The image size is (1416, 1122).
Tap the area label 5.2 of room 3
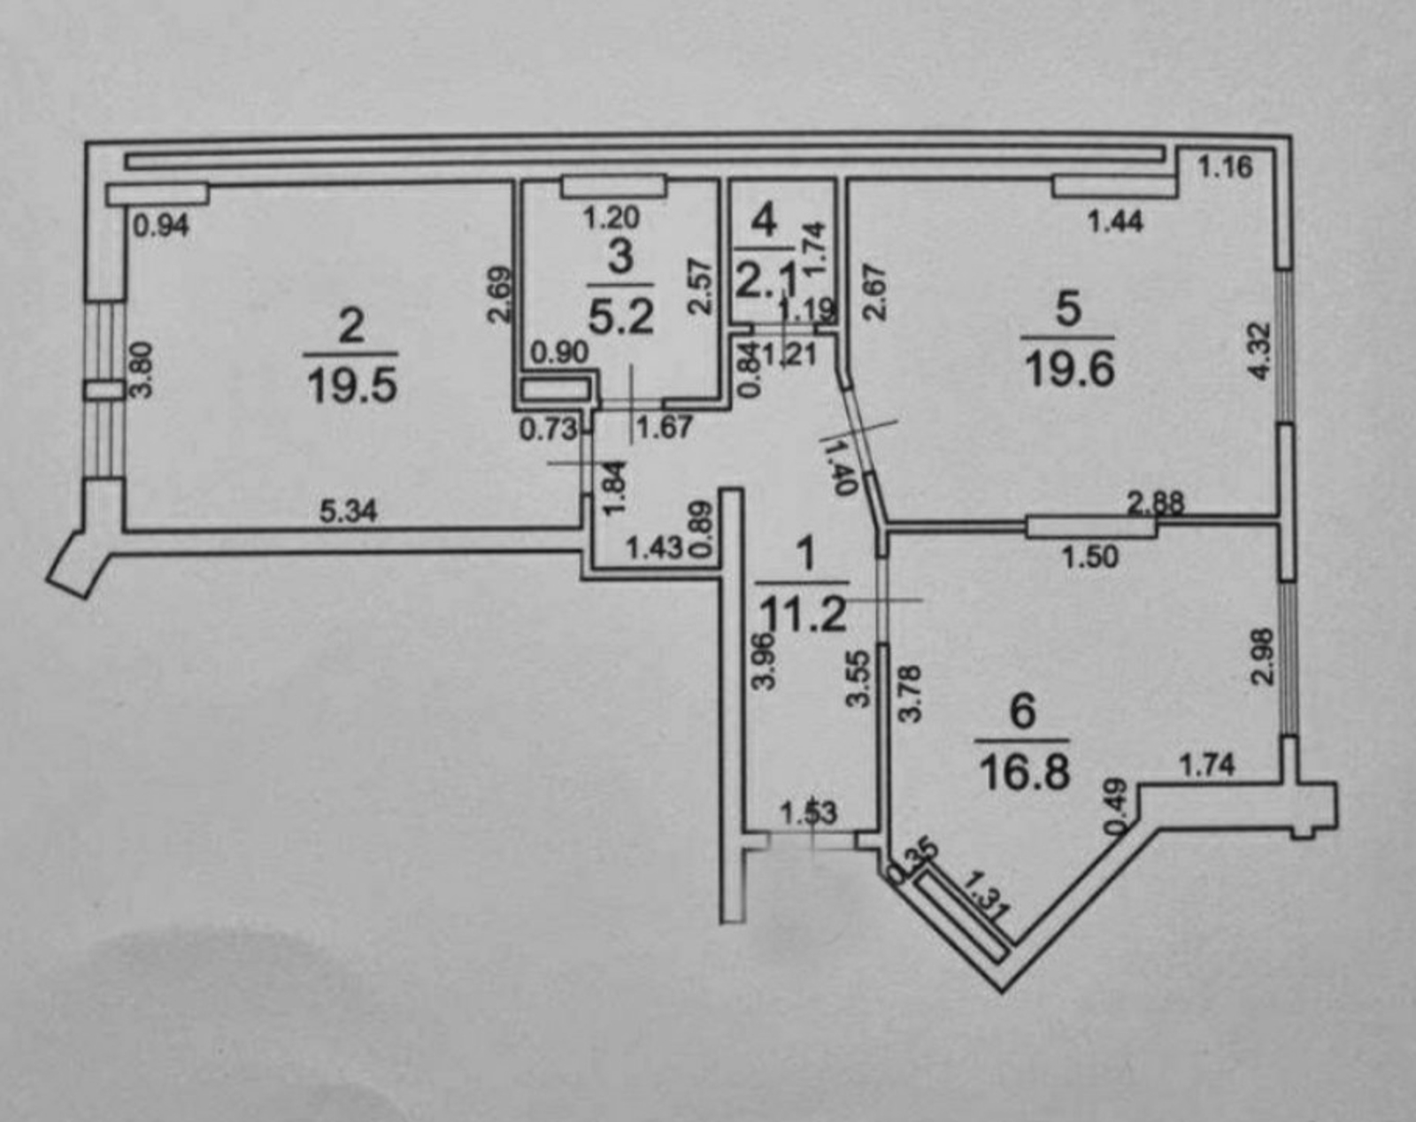point(621,317)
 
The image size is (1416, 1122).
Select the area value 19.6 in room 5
point(1069,371)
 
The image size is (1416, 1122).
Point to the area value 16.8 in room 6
point(1025,772)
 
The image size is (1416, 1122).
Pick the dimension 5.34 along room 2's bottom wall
point(348,511)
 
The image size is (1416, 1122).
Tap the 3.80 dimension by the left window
point(142,370)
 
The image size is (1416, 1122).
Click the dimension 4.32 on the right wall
point(1259,351)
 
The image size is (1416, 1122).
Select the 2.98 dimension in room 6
point(1263,656)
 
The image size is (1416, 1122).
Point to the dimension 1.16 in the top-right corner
point(1226,166)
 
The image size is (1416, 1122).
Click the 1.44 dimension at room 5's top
point(1115,221)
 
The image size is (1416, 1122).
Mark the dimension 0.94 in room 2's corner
point(160,227)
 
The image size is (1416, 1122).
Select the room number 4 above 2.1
point(765,219)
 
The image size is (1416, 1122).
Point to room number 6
point(1023,711)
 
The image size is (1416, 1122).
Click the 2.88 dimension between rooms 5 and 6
point(1155,503)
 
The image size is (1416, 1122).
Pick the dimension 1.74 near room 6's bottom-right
point(1208,764)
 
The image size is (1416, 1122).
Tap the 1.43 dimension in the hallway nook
point(654,548)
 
